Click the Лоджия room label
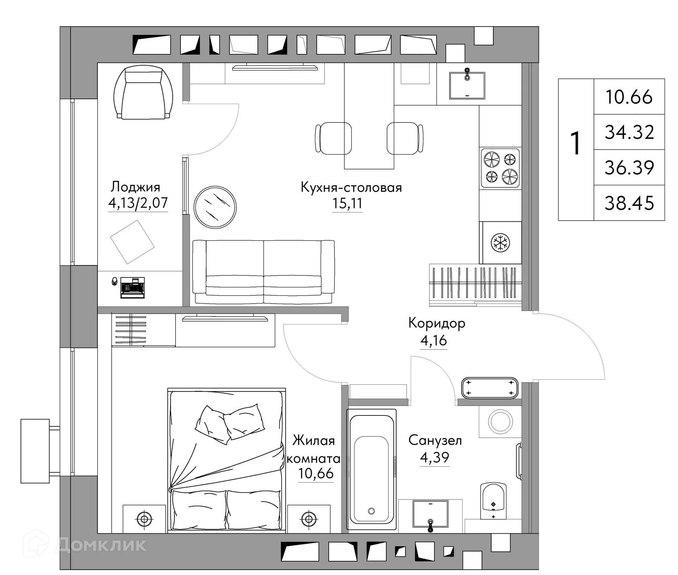136,187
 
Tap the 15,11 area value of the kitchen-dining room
347,204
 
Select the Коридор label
436,323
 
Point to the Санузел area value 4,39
434,457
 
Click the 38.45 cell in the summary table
629,203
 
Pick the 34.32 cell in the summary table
629,132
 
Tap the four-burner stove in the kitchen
500,168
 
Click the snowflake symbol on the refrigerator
500,242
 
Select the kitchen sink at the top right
467,85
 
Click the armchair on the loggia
143,94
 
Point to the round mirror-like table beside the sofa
215,207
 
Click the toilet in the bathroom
493,501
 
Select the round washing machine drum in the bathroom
500,421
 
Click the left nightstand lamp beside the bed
144,519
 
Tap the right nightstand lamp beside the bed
309,519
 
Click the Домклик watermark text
101,545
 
